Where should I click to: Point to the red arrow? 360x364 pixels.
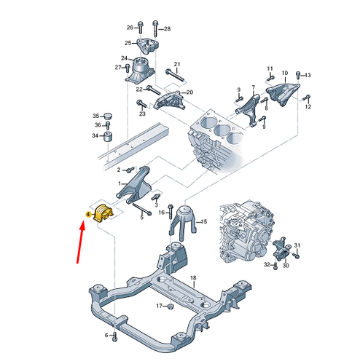[x=81, y=242]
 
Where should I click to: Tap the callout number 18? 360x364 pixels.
[x=193, y=278]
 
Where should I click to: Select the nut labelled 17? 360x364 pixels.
[x=171, y=306]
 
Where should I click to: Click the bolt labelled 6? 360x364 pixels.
[x=114, y=337]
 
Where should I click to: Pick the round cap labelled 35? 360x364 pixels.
[x=108, y=116]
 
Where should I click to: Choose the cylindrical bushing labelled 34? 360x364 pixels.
[x=108, y=138]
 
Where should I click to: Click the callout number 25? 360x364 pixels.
[x=128, y=43]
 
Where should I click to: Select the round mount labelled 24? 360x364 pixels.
[x=140, y=71]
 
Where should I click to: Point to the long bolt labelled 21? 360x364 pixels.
[x=176, y=76]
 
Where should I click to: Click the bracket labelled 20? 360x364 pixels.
[x=170, y=100]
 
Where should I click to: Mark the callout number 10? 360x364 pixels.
[x=285, y=73]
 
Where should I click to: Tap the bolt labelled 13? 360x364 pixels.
[x=298, y=75]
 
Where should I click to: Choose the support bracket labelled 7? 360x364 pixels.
[x=249, y=110]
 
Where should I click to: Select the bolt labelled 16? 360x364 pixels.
[x=170, y=212]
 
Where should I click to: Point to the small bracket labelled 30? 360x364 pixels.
[x=281, y=249]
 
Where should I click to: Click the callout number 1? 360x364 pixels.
[x=120, y=183]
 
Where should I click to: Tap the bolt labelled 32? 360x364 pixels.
[x=275, y=266]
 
